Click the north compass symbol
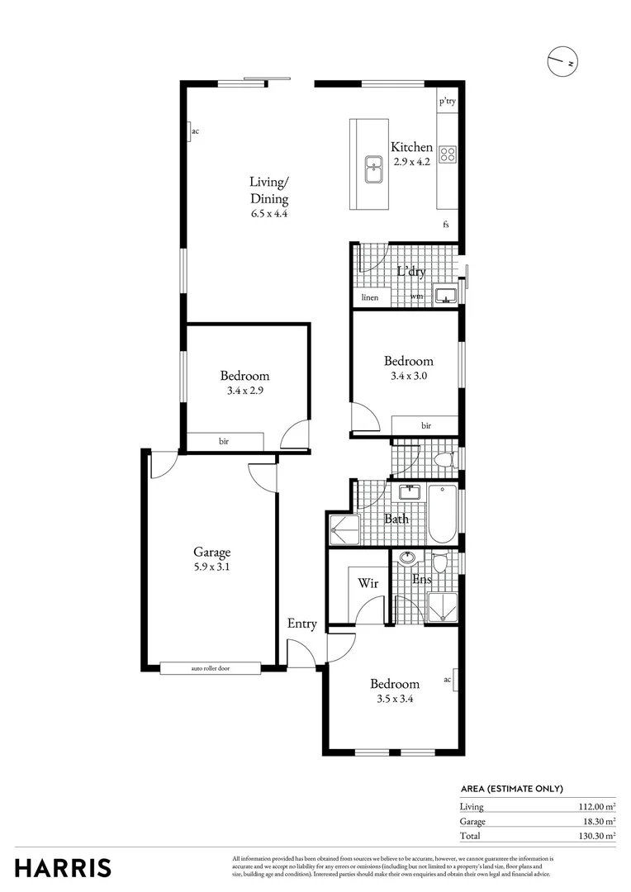562,62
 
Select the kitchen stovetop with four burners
448,154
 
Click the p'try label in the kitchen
447,102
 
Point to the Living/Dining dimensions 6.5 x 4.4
269,213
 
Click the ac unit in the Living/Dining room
191,131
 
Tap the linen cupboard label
368,297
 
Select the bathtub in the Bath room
442,513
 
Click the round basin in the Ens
407,558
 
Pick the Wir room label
368,583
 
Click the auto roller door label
210,668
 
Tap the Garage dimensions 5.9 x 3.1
211,567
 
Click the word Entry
301,624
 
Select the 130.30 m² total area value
595,836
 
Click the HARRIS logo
63,868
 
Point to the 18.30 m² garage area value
598,822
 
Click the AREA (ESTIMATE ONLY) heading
511,789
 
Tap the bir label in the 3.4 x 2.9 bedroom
224,442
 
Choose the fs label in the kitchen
446,224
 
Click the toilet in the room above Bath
444,459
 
